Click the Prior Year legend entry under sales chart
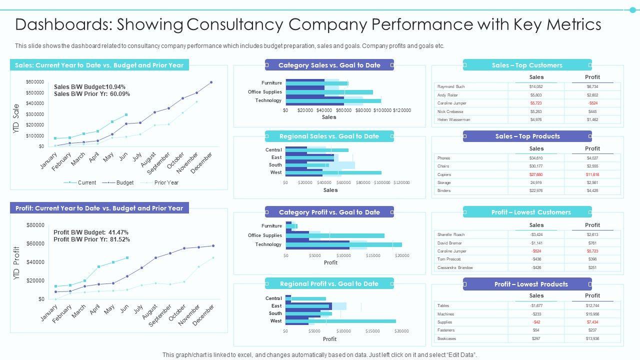(166, 183)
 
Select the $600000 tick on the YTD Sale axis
(34, 82)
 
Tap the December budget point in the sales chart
(211, 82)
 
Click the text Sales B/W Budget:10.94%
(89, 87)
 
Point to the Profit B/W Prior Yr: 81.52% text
(91, 239)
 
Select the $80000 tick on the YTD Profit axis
(35, 225)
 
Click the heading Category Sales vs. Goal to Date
(329, 65)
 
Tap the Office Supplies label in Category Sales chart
(264, 92)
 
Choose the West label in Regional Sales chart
(276, 172)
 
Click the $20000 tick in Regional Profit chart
(401, 331)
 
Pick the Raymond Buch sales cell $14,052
(536, 86)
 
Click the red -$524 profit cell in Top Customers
(592, 103)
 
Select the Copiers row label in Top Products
(444, 174)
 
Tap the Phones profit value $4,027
(592, 158)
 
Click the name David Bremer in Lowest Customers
(449, 243)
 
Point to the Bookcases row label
(446, 338)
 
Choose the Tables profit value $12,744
(592, 305)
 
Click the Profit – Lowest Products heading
(530, 284)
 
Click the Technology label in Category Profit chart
(268, 244)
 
